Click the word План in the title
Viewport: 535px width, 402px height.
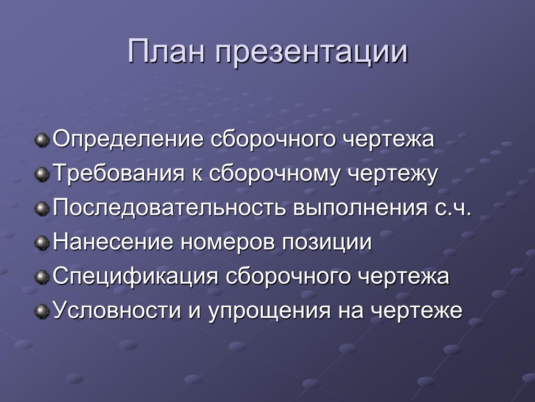tap(167, 52)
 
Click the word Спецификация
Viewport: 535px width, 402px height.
tap(135, 276)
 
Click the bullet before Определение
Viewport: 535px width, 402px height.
tap(42, 140)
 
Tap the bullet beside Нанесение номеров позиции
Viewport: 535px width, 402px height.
tap(42, 243)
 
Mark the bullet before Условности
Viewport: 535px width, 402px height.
tap(42, 311)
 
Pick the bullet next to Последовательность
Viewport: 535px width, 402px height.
tap(42, 208)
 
